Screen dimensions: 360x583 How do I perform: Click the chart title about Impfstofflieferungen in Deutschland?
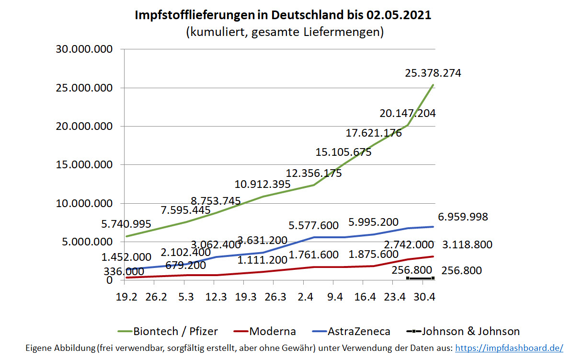coord(283,15)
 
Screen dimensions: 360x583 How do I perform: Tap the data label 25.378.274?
coord(433,73)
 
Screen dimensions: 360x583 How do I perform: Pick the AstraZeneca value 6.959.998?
coord(463,217)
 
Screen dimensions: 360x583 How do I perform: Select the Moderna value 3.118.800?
coord(467,245)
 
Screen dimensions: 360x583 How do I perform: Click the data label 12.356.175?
coord(314,173)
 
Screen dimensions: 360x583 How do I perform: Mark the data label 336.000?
coord(124,272)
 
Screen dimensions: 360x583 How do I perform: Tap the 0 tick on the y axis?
coord(109,280)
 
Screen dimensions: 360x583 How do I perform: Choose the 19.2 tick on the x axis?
coord(126,297)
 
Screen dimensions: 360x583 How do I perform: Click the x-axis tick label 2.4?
coord(305,297)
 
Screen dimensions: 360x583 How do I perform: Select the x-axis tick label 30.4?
coord(424,297)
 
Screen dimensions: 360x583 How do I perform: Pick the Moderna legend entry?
coord(264,331)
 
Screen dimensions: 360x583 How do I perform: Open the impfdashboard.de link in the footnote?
coord(508,348)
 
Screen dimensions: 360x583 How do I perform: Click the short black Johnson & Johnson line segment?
coord(420,278)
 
